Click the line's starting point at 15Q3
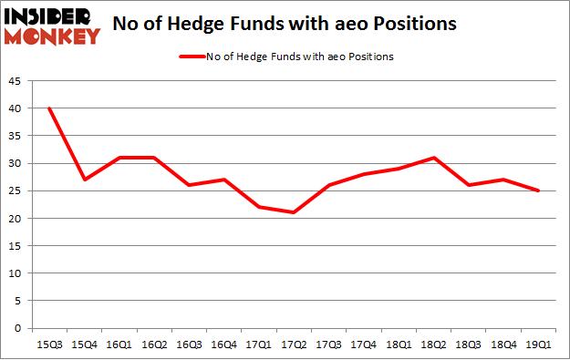[48, 108]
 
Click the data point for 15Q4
[85, 180]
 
